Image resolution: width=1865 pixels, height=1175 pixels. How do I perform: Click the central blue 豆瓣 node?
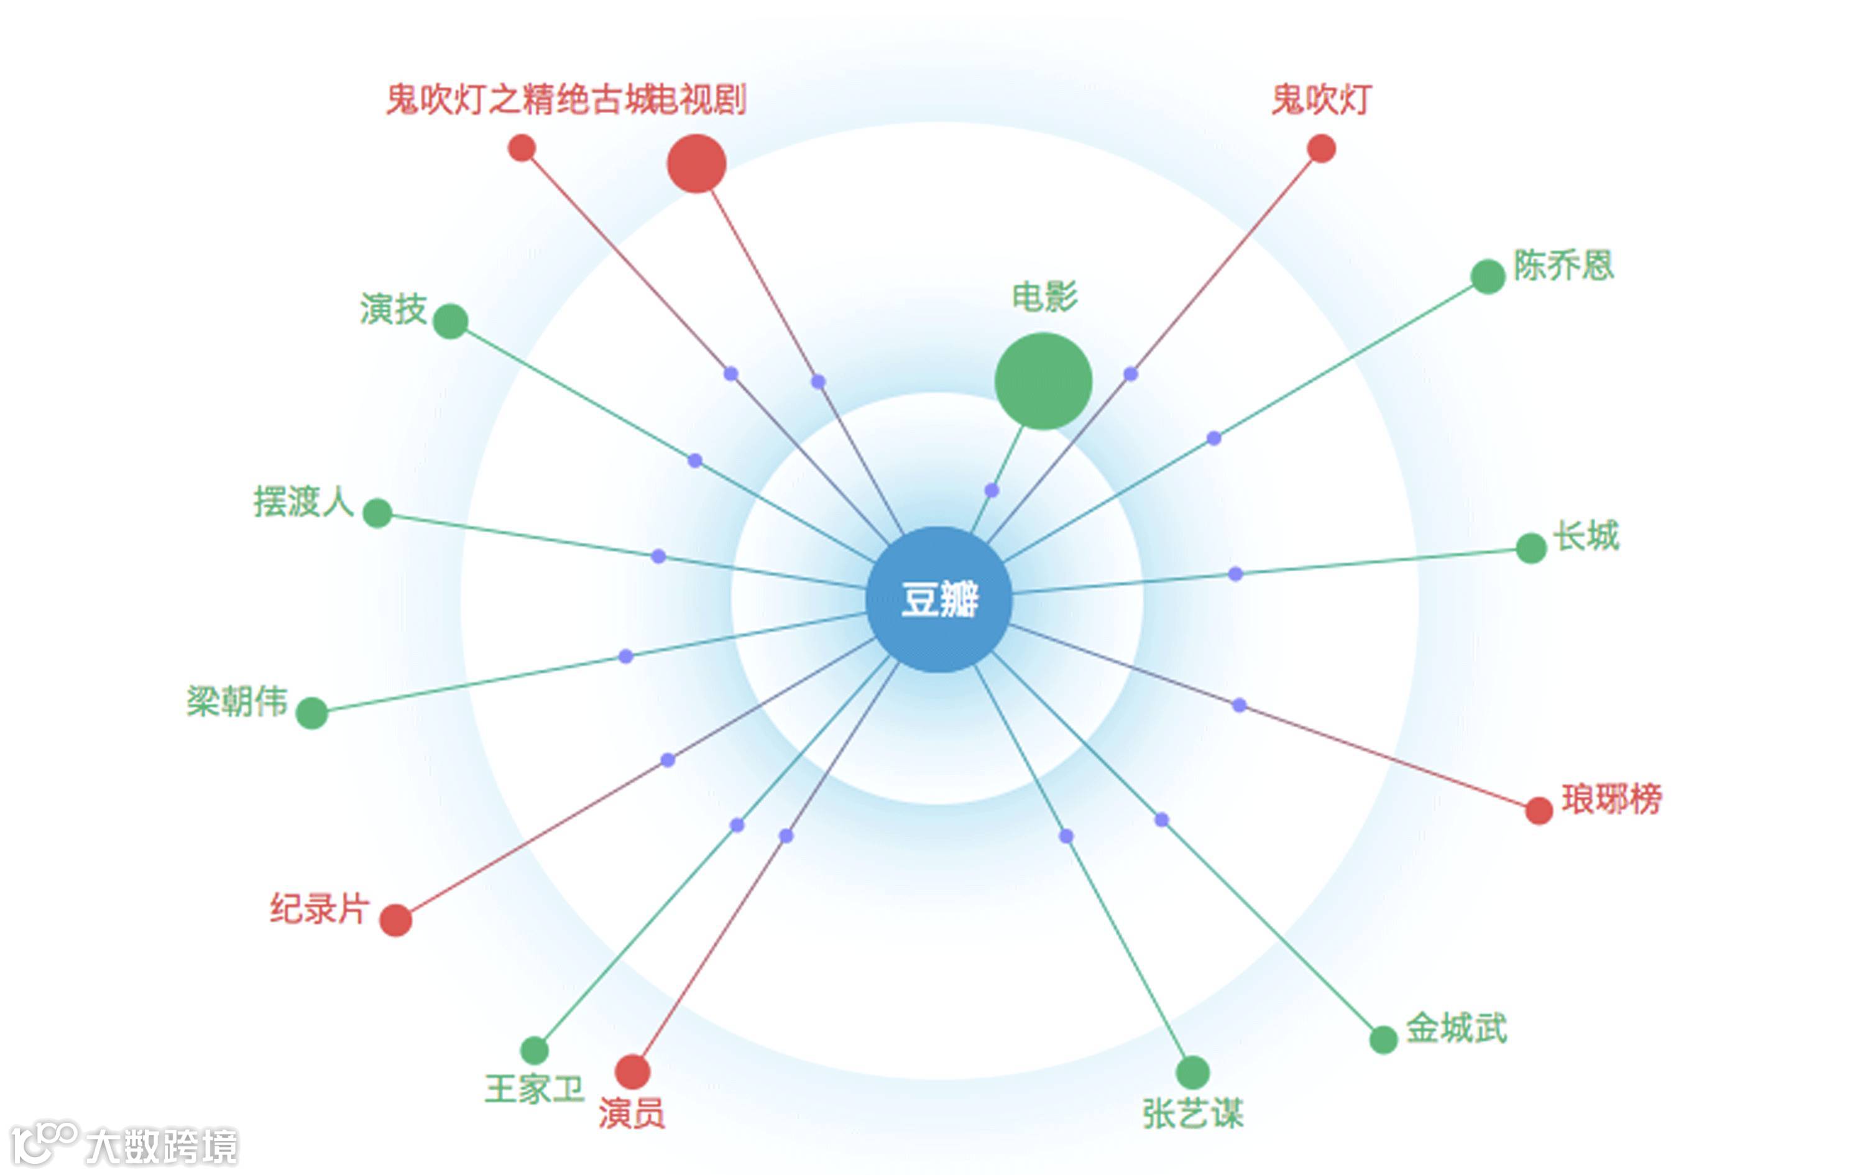939,599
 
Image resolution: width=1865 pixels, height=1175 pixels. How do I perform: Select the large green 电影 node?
1043,380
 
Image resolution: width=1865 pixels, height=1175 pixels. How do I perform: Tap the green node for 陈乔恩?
1487,277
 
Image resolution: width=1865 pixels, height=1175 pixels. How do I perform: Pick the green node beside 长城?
1531,548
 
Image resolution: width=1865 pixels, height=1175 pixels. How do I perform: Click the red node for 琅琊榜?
1538,810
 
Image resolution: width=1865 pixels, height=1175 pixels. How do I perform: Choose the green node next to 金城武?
1383,1039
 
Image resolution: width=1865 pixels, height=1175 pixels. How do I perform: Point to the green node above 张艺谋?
1192,1072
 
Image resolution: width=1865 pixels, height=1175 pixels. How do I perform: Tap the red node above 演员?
632,1071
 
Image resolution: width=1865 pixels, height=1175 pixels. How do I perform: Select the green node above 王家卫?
533,1050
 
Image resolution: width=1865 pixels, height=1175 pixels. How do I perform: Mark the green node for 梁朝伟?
311,712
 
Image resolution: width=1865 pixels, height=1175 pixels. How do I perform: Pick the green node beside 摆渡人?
377,513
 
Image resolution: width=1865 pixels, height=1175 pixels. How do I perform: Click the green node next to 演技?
450,321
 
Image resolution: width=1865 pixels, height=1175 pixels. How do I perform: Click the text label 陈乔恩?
1563,265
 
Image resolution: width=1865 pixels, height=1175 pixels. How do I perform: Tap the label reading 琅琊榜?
1611,799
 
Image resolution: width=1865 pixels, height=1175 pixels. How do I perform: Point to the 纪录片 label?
318,908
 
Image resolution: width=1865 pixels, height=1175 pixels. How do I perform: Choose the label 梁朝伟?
236,701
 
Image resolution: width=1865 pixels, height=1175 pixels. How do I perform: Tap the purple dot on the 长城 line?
1235,574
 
